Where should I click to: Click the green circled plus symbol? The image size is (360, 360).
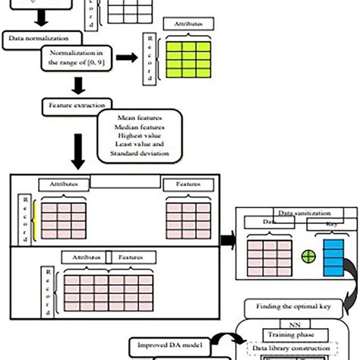tap(307, 257)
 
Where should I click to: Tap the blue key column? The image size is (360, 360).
tap(333, 257)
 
